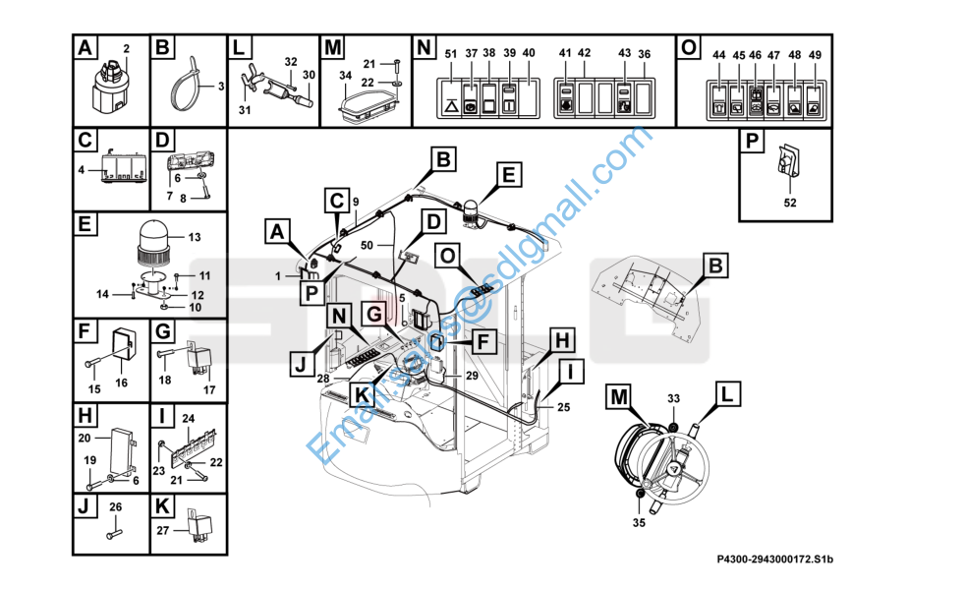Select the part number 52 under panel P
coord(789,203)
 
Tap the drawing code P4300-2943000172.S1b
coord(781,560)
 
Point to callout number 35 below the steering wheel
coord(639,522)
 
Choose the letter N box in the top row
coord(424,47)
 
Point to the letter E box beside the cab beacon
coord(508,175)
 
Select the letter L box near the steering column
coord(726,395)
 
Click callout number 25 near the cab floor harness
coord(563,407)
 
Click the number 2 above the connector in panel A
coord(126,48)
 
